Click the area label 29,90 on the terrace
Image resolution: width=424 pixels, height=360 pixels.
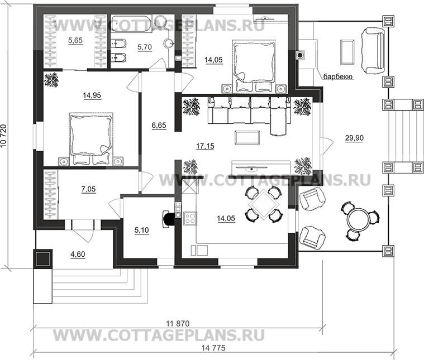[x=354, y=138]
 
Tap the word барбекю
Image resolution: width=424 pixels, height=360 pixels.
[x=339, y=77]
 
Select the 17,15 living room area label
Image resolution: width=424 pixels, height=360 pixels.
[x=205, y=146]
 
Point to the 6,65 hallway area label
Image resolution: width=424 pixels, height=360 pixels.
[x=159, y=126]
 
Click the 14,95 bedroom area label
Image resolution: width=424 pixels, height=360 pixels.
[x=92, y=95]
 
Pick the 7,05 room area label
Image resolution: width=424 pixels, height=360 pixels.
[x=88, y=189]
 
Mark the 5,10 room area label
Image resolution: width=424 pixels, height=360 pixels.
[x=141, y=231]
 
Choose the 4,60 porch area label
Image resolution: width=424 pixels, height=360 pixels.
[x=78, y=255]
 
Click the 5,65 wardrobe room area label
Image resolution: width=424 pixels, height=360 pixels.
[x=75, y=41]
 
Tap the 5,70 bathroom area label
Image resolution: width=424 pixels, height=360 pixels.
[x=144, y=47]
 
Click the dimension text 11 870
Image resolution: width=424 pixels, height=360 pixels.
[x=178, y=323]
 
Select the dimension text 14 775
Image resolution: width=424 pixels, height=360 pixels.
[x=213, y=348]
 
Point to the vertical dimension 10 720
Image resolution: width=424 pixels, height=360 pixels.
[x=3, y=136]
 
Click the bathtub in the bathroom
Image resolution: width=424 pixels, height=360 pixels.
[x=131, y=25]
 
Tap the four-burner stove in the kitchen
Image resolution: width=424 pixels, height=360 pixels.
[x=190, y=218]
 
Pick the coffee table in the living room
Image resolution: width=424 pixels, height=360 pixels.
[x=247, y=137]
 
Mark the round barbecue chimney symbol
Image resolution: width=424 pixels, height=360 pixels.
[x=300, y=55]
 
